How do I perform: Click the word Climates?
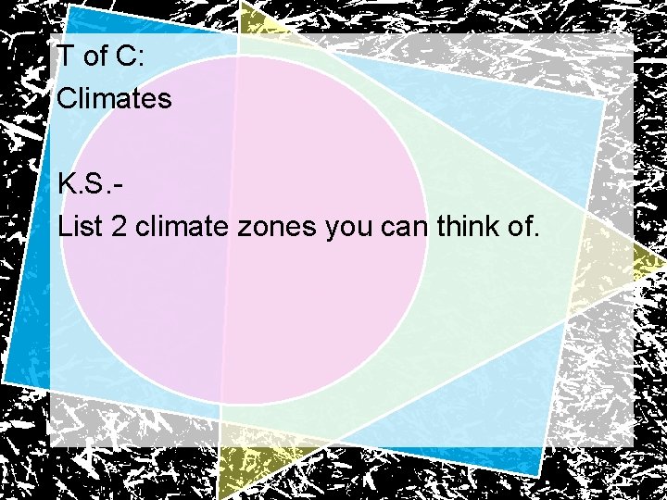114,97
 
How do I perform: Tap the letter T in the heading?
66,56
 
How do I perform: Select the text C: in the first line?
130,56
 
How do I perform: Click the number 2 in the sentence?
118,225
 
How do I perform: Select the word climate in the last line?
182,225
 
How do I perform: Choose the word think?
464,225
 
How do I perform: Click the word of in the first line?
96,56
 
